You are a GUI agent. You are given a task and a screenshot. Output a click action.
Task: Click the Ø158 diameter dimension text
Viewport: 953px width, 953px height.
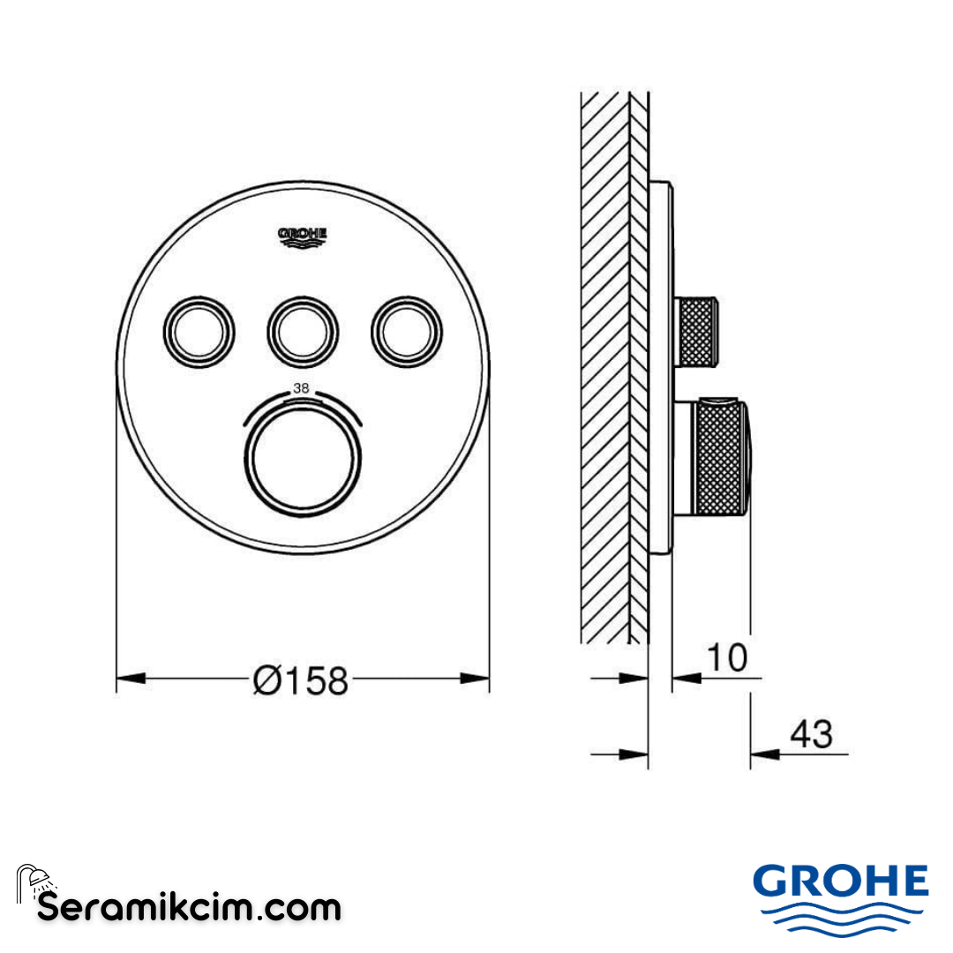301,679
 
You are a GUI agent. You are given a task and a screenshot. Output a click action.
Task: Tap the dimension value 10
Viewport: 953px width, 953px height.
725,657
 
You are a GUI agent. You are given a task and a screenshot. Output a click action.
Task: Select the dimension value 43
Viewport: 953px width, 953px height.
811,733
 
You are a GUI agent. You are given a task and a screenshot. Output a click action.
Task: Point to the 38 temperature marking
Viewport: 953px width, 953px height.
303,387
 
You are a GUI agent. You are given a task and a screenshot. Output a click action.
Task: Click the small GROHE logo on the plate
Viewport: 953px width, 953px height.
303,236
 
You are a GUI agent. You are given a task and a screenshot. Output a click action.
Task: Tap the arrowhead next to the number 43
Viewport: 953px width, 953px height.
764,754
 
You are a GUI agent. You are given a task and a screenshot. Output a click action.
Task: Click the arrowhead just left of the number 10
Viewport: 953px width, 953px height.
687,678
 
